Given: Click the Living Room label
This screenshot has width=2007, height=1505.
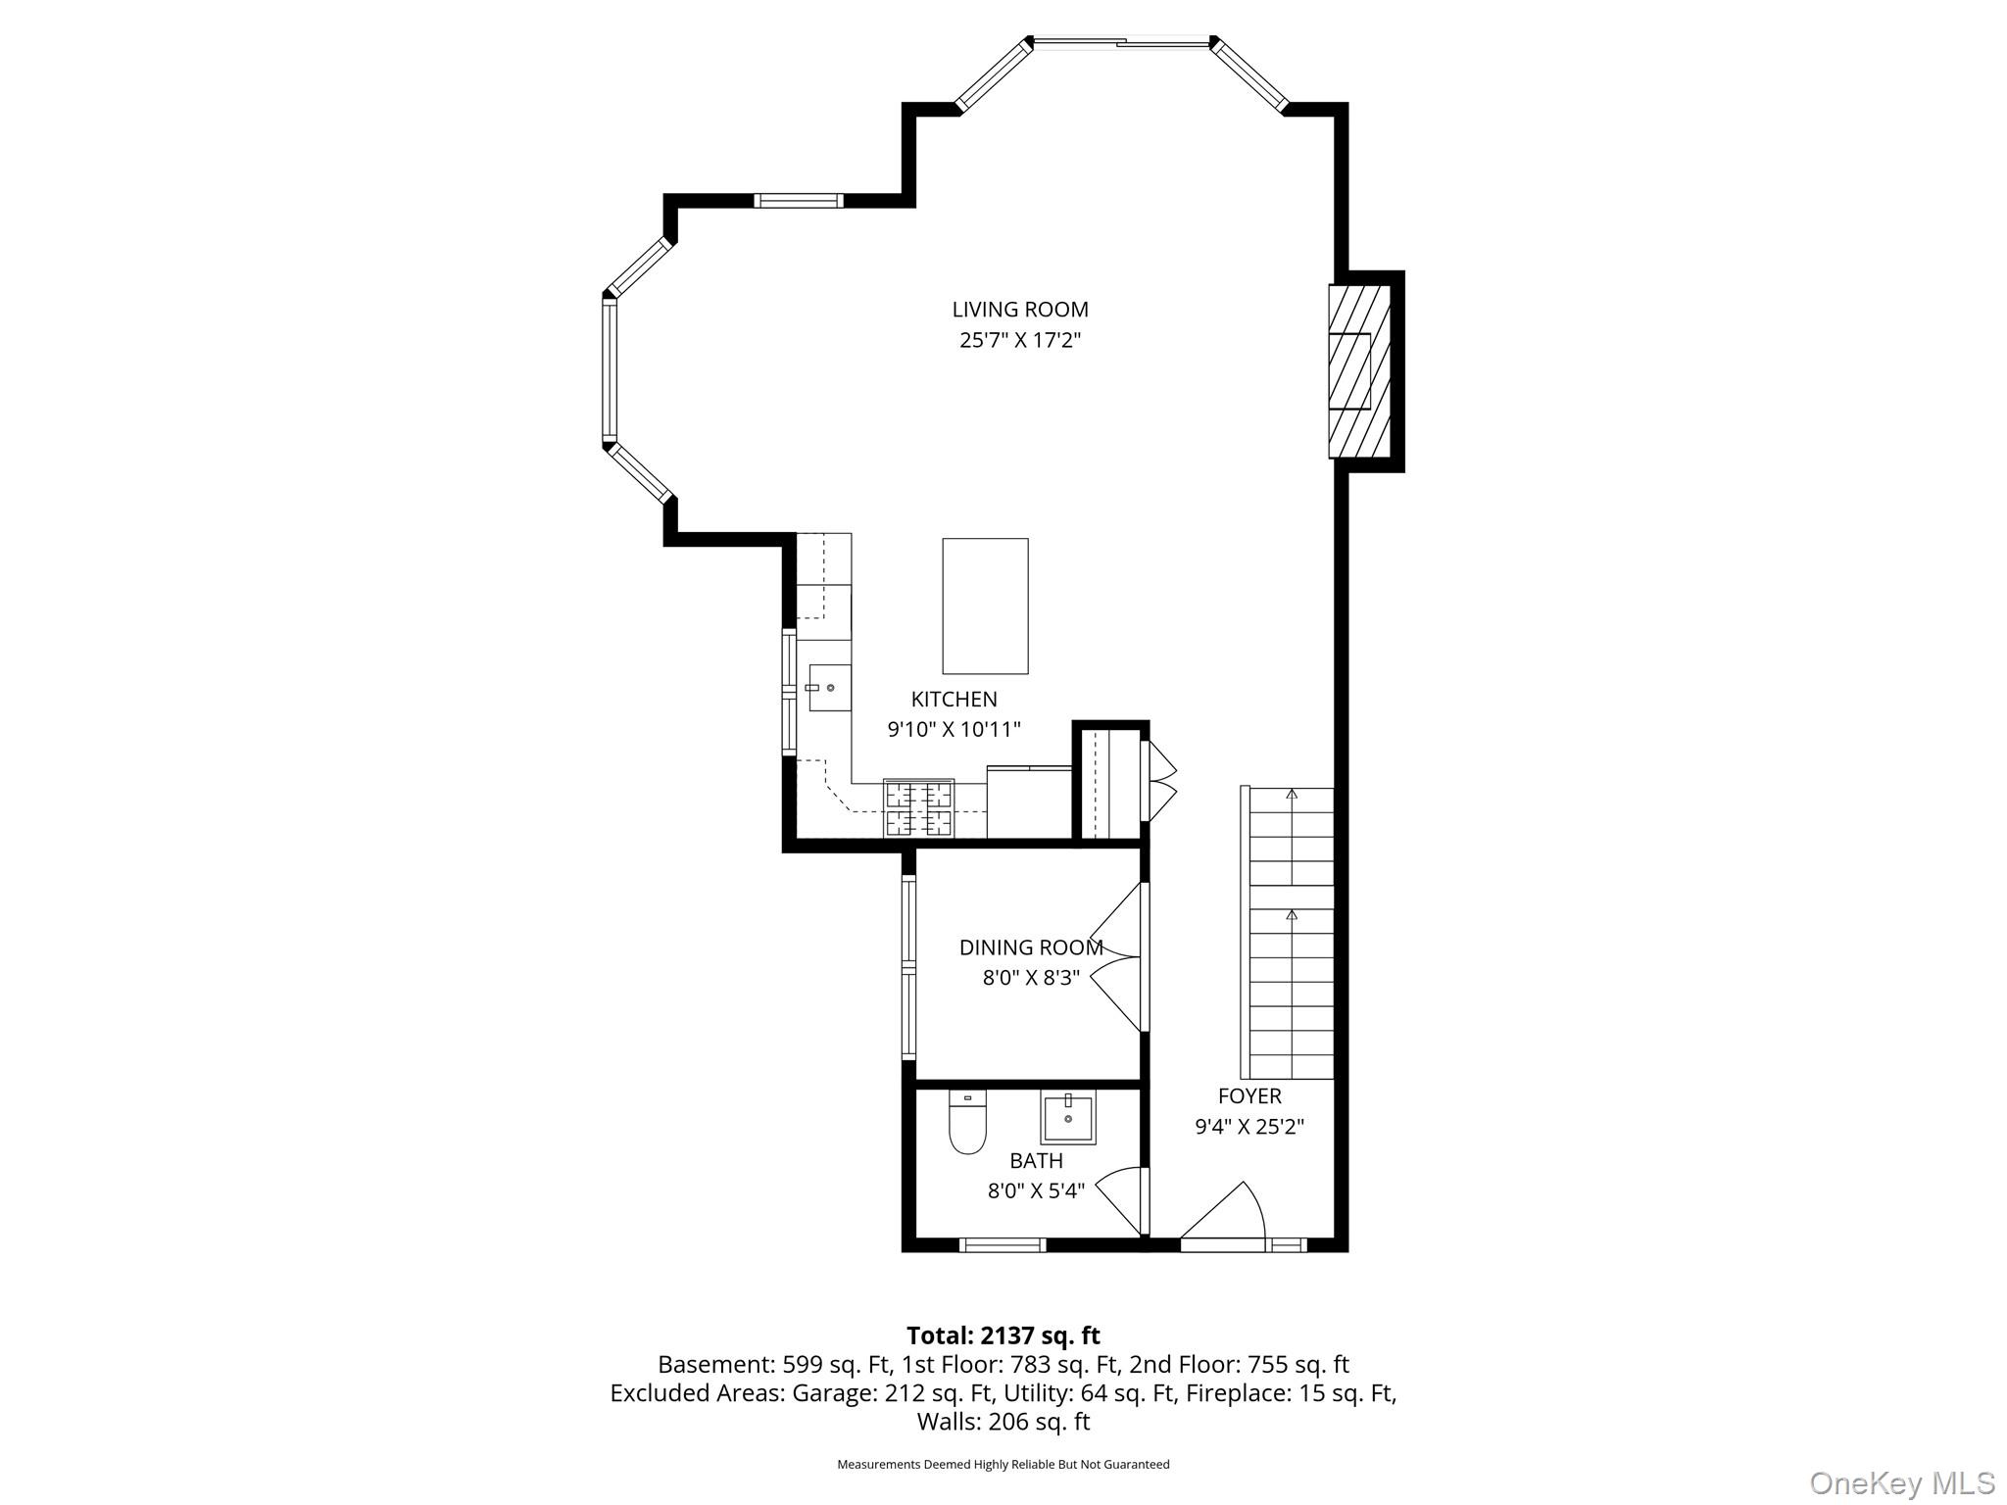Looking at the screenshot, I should pos(1019,310).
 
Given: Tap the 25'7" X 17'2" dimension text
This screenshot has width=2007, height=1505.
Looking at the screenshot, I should pos(1019,341).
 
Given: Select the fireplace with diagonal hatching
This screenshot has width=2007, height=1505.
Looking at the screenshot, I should pos(1359,371).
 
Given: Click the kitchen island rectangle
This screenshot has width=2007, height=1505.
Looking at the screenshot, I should pos(985,606).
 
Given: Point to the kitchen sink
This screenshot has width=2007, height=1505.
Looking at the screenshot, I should pos(829,688).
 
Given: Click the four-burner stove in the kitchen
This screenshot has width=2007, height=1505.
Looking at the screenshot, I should pos(918,808).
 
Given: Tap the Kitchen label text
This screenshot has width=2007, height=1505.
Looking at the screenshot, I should pos(954,700).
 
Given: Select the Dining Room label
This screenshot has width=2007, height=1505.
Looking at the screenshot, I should pos(1030,947).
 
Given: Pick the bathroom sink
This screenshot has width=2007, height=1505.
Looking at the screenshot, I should pos(1067,1118).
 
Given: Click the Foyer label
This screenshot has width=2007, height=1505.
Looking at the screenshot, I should pos(1249,1096).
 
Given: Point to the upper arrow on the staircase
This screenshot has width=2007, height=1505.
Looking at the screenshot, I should pos(1292,795).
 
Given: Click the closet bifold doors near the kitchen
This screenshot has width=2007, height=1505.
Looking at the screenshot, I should pos(1160,781).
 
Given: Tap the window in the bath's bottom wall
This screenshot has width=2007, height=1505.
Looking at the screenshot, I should pos(1002,1245).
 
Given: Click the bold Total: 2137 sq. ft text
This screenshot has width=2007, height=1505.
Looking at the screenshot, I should pos(1003,1335).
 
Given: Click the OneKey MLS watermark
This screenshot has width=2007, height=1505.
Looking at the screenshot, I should pos(1901,1482).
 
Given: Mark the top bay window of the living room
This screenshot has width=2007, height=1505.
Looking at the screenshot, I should pos(1121,42).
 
